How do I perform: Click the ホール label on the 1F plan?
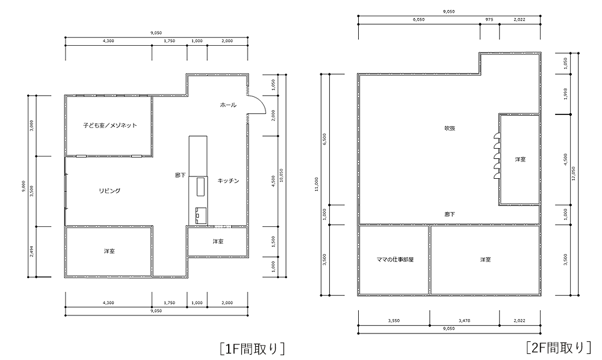[x=228, y=105]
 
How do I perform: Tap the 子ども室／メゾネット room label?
[x=110, y=125]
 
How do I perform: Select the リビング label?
[x=110, y=190]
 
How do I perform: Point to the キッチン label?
[x=228, y=181]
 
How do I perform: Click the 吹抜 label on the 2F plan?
[x=450, y=128]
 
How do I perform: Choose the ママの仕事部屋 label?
[x=395, y=259]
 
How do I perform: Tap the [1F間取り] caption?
[x=253, y=348]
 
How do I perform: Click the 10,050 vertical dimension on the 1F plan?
[x=282, y=175]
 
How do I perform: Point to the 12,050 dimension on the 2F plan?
[x=574, y=173]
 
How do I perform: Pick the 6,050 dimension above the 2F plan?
[x=419, y=20]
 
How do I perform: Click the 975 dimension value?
[x=489, y=20]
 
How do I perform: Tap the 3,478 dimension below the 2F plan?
[x=464, y=320]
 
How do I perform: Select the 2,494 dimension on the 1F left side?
[x=32, y=252]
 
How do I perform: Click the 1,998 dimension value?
[x=565, y=94]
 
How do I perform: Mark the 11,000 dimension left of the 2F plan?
[x=316, y=184]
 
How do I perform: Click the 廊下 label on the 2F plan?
[x=450, y=214]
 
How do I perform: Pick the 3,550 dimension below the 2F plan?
[x=394, y=320]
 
